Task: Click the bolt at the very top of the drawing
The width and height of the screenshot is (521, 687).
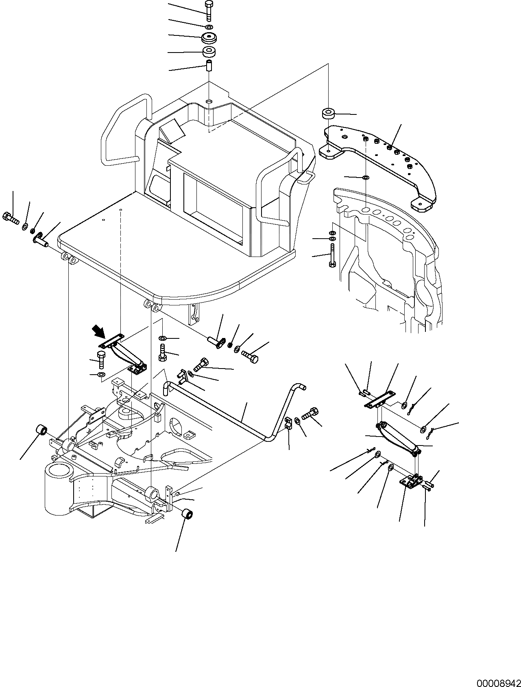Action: click(x=209, y=10)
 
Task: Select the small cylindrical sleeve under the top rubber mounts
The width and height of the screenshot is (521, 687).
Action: click(x=209, y=66)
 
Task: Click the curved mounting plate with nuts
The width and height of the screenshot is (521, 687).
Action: click(x=378, y=163)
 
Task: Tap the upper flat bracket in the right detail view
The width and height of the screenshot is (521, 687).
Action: click(x=379, y=399)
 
